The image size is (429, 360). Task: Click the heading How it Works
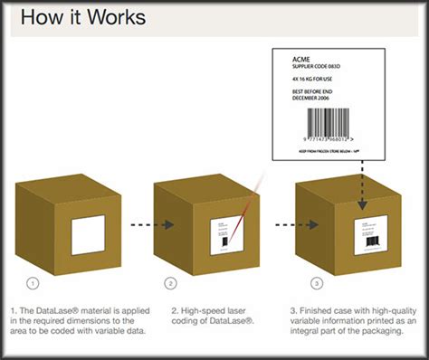click(x=81, y=17)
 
